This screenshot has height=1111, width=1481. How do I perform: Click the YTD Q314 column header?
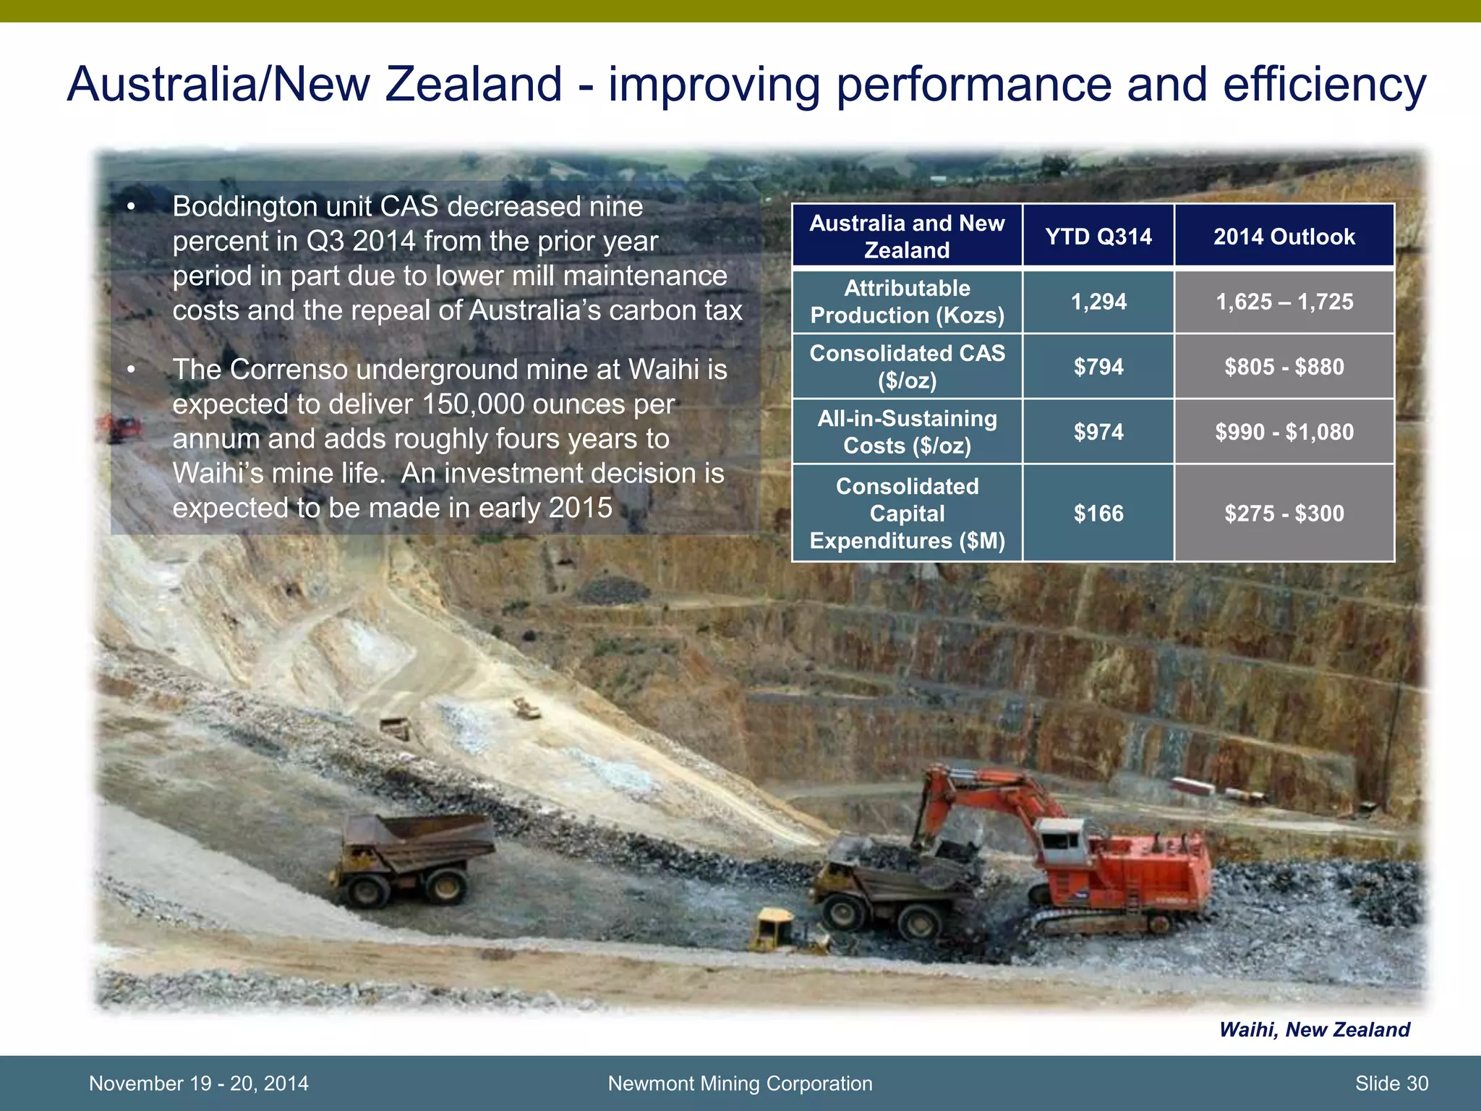tap(1098, 237)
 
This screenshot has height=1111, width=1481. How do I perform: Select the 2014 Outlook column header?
tap(1284, 237)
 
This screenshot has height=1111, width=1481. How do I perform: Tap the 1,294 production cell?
tap(1098, 302)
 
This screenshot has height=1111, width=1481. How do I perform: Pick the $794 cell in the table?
tap(1098, 367)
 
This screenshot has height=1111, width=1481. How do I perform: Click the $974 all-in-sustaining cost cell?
tap(1098, 432)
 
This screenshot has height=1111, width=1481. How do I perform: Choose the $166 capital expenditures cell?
tap(1098, 514)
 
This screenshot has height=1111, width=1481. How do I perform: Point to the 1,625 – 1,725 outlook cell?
tap(1284, 302)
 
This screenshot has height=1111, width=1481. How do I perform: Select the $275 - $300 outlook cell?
tap(1284, 514)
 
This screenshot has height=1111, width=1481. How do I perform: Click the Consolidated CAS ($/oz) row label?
tap(907, 367)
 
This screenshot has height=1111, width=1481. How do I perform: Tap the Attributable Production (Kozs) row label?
tap(907, 302)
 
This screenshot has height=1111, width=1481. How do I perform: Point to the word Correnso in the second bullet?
tap(289, 370)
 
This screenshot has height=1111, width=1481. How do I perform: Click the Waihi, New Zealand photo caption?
tap(1314, 1029)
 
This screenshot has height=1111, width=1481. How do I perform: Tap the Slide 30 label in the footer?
tap(1391, 1084)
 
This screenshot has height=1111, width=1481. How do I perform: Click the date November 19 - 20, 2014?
tap(198, 1084)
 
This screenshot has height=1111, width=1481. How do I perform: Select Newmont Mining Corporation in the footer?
tap(740, 1084)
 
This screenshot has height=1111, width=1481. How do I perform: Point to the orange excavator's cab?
tap(1066, 843)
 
